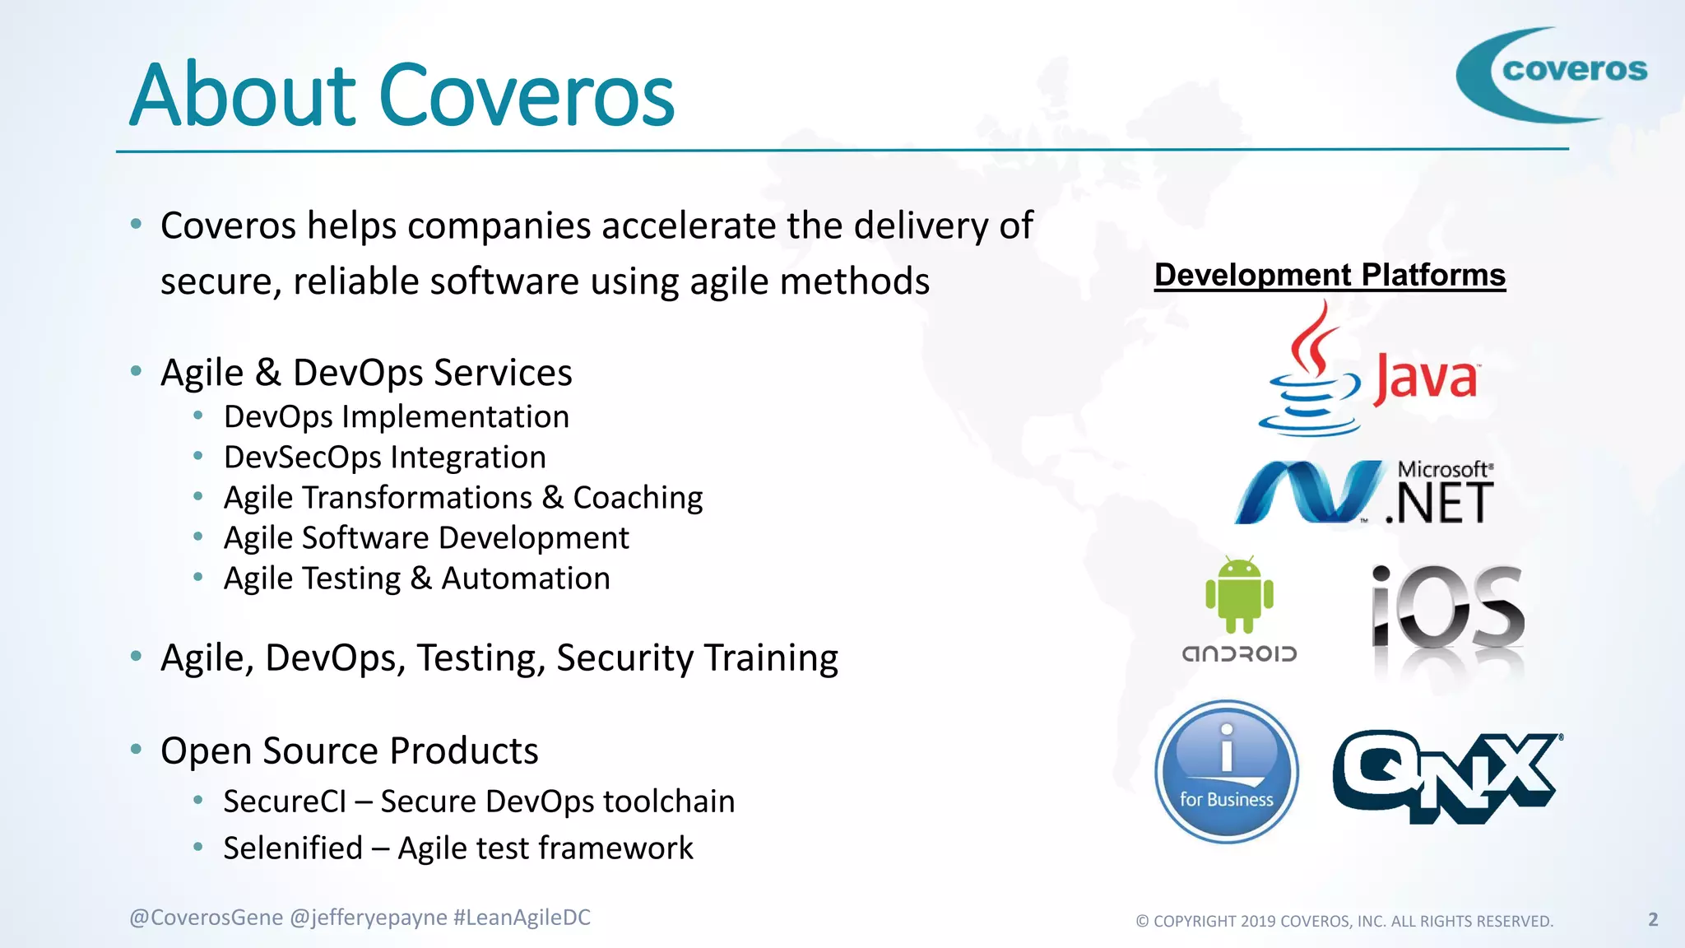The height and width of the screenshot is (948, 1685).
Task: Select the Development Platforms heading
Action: point(1330,275)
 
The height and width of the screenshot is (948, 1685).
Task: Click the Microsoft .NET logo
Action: point(1364,492)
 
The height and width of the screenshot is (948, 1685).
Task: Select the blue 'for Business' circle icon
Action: point(1226,771)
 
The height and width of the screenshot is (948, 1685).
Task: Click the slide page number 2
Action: point(1653,919)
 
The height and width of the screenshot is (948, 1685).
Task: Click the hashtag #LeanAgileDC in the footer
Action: point(522,918)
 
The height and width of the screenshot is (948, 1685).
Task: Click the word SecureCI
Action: point(285,802)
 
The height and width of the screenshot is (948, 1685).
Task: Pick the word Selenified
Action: point(293,848)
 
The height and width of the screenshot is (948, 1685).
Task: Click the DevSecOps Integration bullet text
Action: point(384,458)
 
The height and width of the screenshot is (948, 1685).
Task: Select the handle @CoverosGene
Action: point(206,918)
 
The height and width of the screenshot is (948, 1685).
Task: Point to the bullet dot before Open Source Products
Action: point(137,749)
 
